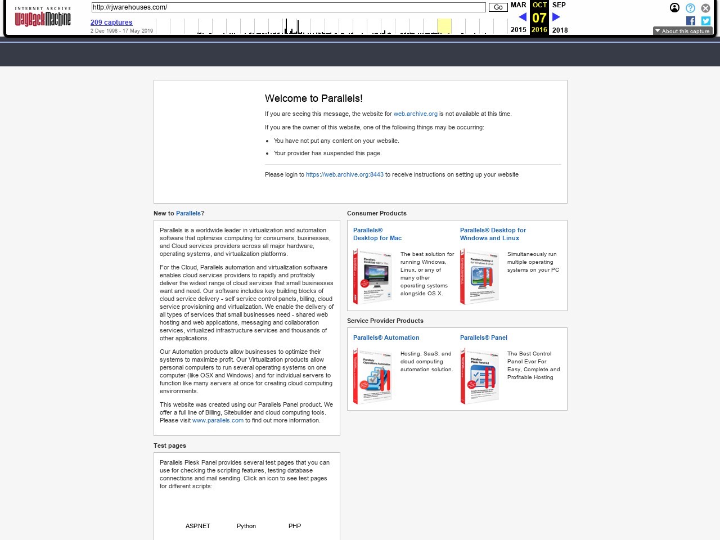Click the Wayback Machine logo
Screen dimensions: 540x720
tap(43, 17)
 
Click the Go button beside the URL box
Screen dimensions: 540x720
tap(498, 7)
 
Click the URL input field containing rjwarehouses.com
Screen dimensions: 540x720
tap(288, 7)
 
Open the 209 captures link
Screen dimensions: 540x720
tap(111, 22)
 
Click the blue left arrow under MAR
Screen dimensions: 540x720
tap(522, 17)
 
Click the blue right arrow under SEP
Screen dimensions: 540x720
tap(556, 17)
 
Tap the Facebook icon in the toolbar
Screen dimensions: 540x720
tap(691, 21)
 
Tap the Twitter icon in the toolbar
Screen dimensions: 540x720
tap(706, 21)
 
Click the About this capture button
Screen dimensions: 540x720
tap(682, 31)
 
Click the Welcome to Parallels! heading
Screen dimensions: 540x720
tap(313, 98)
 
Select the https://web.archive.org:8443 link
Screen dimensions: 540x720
tap(344, 174)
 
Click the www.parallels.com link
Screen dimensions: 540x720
tap(218, 420)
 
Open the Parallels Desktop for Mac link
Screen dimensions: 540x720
tap(377, 234)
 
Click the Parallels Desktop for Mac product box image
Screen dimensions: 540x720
tap(372, 277)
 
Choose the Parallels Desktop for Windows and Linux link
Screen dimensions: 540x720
tap(492, 234)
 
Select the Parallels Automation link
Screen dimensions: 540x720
tap(386, 337)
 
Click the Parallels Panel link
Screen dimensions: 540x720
tap(483, 337)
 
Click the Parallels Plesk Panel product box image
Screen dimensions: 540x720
tap(479, 376)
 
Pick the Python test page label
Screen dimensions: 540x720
tap(246, 526)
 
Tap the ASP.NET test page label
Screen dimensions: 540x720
tap(197, 526)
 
